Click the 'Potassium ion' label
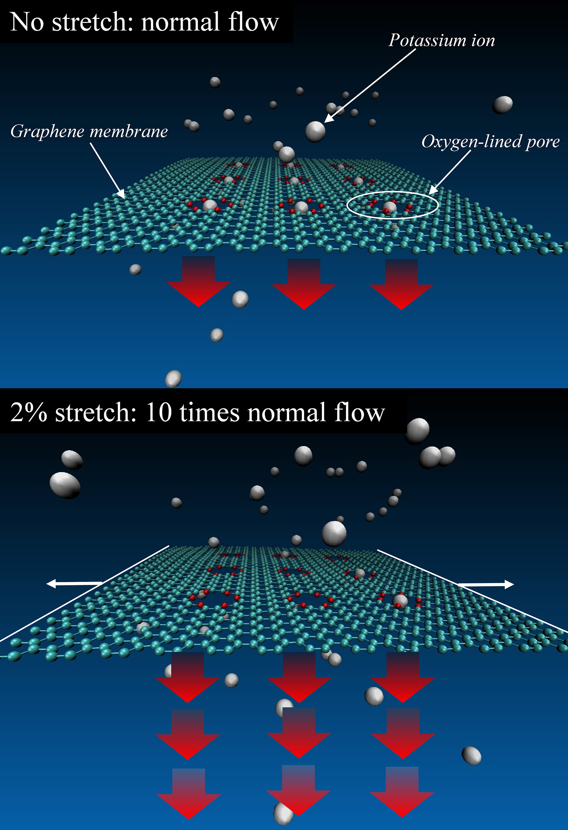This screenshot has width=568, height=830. [442, 40]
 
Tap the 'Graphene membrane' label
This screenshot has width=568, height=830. [89, 131]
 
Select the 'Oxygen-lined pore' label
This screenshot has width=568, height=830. [491, 142]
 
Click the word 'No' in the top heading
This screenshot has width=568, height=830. [27, 22]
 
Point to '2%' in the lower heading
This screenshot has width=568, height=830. [28, 413]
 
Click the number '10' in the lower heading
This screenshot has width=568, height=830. [159, 413]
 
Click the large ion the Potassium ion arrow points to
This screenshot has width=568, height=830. [315, 131]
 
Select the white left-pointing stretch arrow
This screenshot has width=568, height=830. [74, 584]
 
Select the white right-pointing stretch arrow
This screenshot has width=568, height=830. [486, 584]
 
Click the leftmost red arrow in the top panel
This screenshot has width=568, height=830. [198, 282]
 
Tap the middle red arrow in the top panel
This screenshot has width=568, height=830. [304, 284]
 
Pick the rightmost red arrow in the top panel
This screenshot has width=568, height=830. [401, 284]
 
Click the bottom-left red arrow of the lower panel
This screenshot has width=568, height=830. [189, 794]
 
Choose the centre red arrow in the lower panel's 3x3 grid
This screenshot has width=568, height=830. [299, 733]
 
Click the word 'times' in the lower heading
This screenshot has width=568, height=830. [210, 413]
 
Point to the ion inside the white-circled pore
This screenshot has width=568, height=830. [389, 207]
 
